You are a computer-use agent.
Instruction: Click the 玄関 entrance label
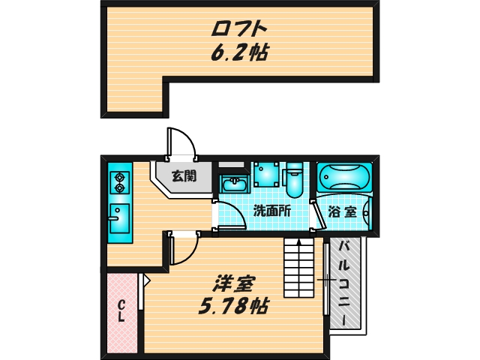[x=183, y=177]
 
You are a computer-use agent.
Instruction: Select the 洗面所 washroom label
[x=271, y=211]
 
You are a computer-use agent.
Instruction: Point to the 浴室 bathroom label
[x=343, y=211]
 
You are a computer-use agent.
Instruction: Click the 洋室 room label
[x=234, y=284]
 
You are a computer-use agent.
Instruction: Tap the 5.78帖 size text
[x=234, y=306]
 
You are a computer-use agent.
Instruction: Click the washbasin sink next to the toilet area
[x=235, y=184]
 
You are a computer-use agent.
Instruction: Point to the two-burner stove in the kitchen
[x=119, y=182]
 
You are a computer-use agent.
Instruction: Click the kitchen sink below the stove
[x=118, y=220]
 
